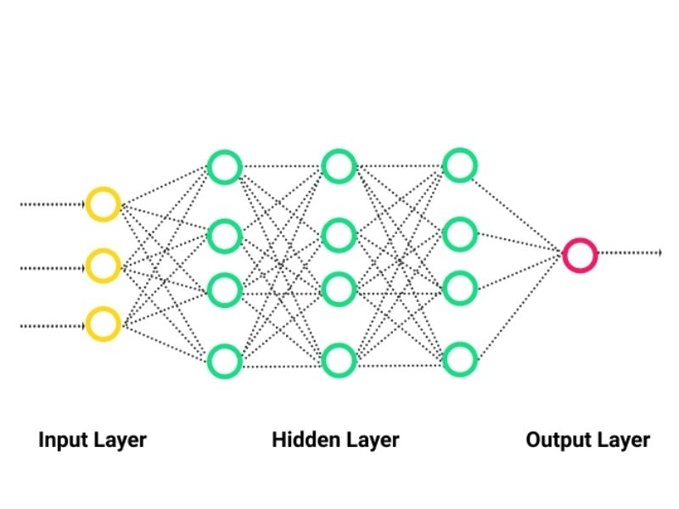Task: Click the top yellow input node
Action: [x=103, y=204]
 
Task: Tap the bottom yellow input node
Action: [x=103, y=324]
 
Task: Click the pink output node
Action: [x=580, y=254]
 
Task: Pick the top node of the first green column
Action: [x=225, y=166]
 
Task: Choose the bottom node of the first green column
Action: [x=225, y=361]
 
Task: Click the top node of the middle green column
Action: [x=339, y=166]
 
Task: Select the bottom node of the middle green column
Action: [x=339, y=361]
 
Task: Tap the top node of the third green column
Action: [x=460, y=165]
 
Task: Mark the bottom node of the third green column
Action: [x=460, y=360]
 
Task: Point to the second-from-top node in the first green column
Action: [x=225, y=235]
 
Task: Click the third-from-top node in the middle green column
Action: [x=339, y=289]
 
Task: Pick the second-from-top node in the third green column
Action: [x=460, y=234]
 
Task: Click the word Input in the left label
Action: [x=60, y=440]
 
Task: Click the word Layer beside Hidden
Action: [x=370, y=440]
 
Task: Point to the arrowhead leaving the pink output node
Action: [x=659, y=253]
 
